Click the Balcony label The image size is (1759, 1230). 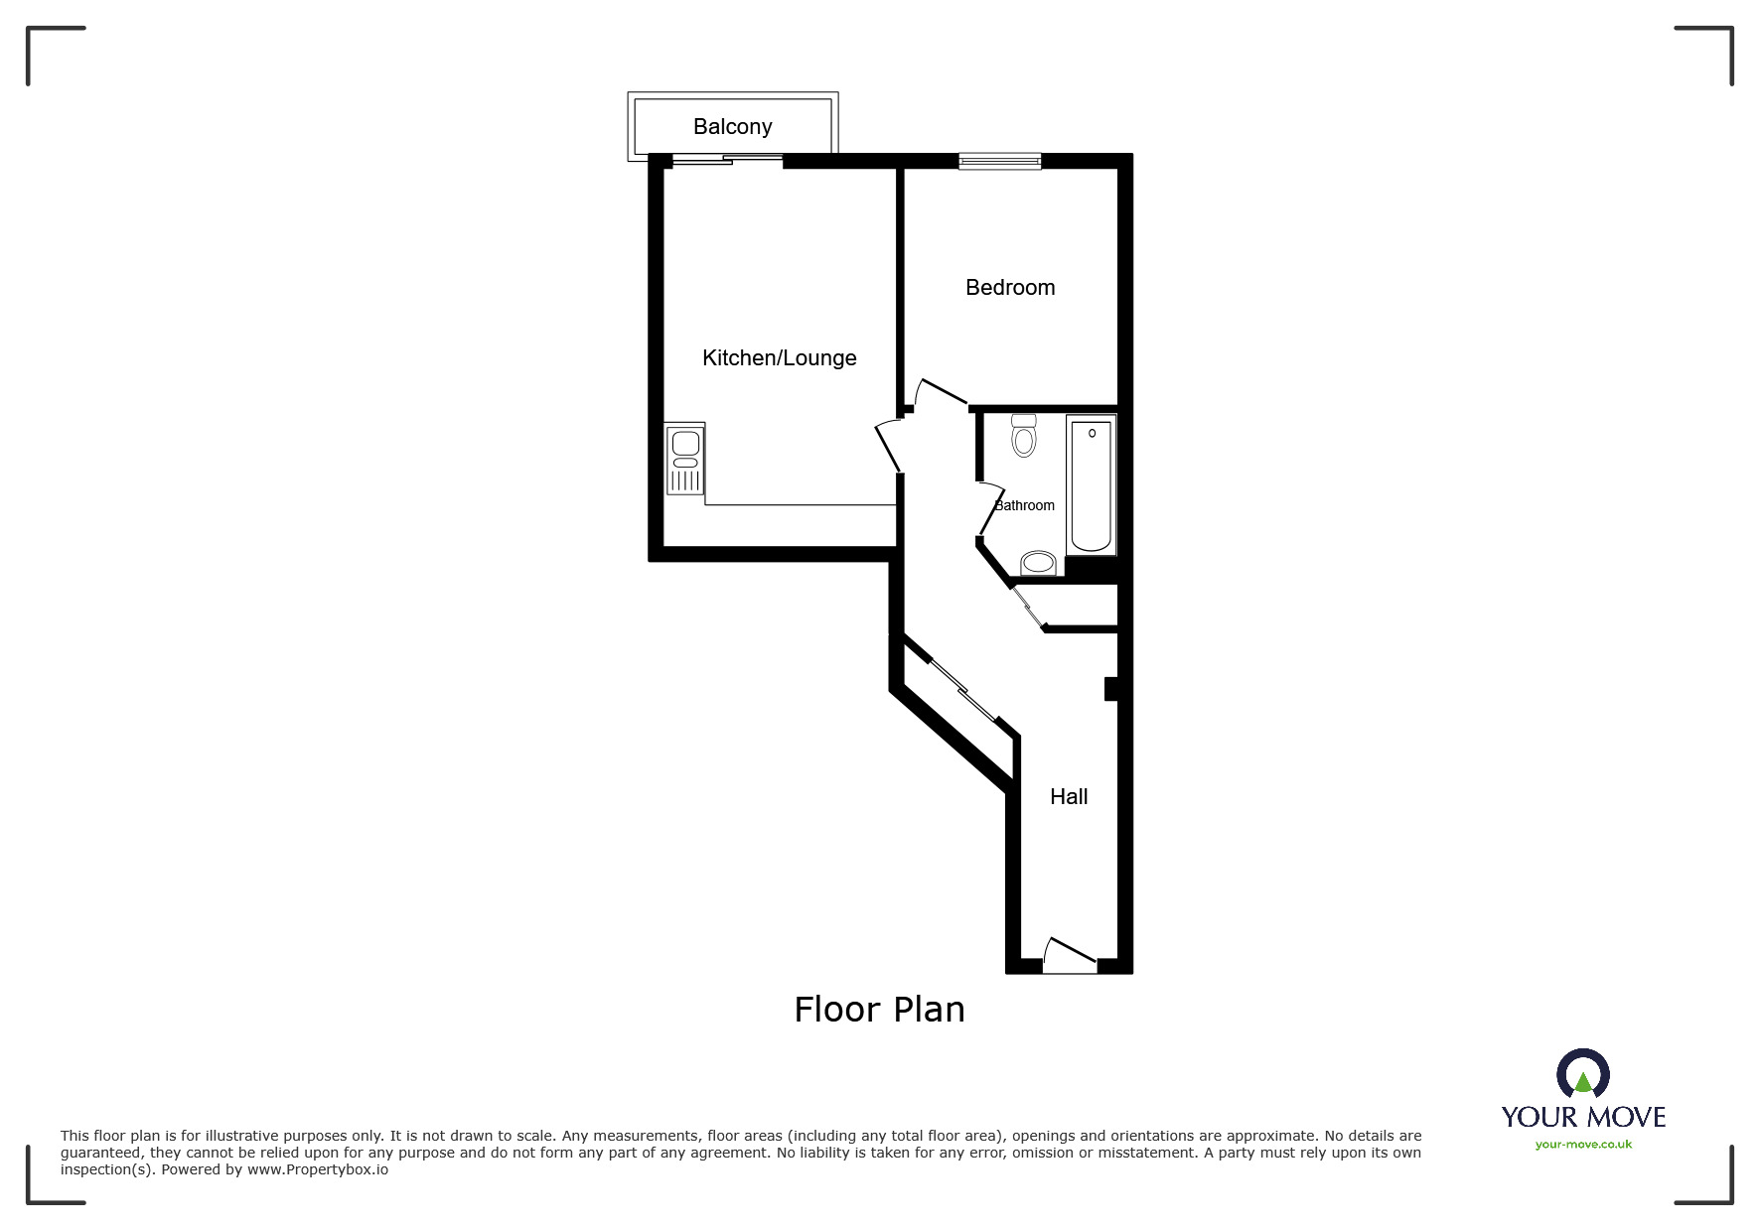[732, 127]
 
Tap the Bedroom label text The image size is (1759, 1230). [1010, 288]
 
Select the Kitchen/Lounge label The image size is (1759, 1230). [779, 358]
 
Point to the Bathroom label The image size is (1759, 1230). [1025, 505]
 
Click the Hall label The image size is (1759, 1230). [1069, 797]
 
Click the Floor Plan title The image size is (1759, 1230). [879, 1010]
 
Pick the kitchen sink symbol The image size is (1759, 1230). [685, 459]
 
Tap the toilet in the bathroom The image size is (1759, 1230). [1024, 435]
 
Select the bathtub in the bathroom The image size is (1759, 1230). [1091, 483]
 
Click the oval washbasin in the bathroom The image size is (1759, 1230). [1038, 563]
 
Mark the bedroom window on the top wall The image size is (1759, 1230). [999, 161]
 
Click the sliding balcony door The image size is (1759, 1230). [726, 160]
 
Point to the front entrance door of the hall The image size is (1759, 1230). [1071, 955]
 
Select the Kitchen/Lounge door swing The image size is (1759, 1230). [890, 446]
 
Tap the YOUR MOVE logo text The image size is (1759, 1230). [1583, 1117]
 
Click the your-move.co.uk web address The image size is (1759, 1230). [1583, 1145]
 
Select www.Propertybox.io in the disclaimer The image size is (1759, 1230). [318, 1169]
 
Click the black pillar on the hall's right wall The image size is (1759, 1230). [1111, 689]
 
